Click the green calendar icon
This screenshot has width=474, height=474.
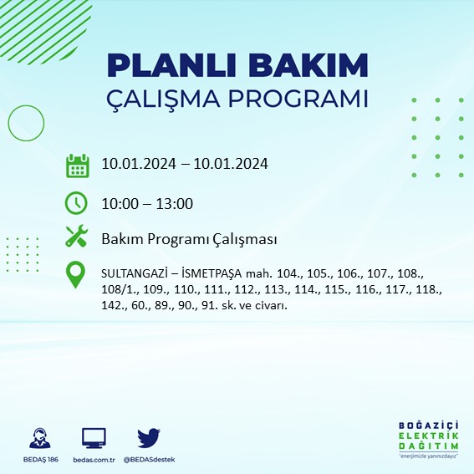77,165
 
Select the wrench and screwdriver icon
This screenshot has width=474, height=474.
77,238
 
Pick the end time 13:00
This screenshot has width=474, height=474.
176,203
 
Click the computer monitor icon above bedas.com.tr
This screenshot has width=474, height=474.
94,438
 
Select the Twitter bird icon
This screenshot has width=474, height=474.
149,437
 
